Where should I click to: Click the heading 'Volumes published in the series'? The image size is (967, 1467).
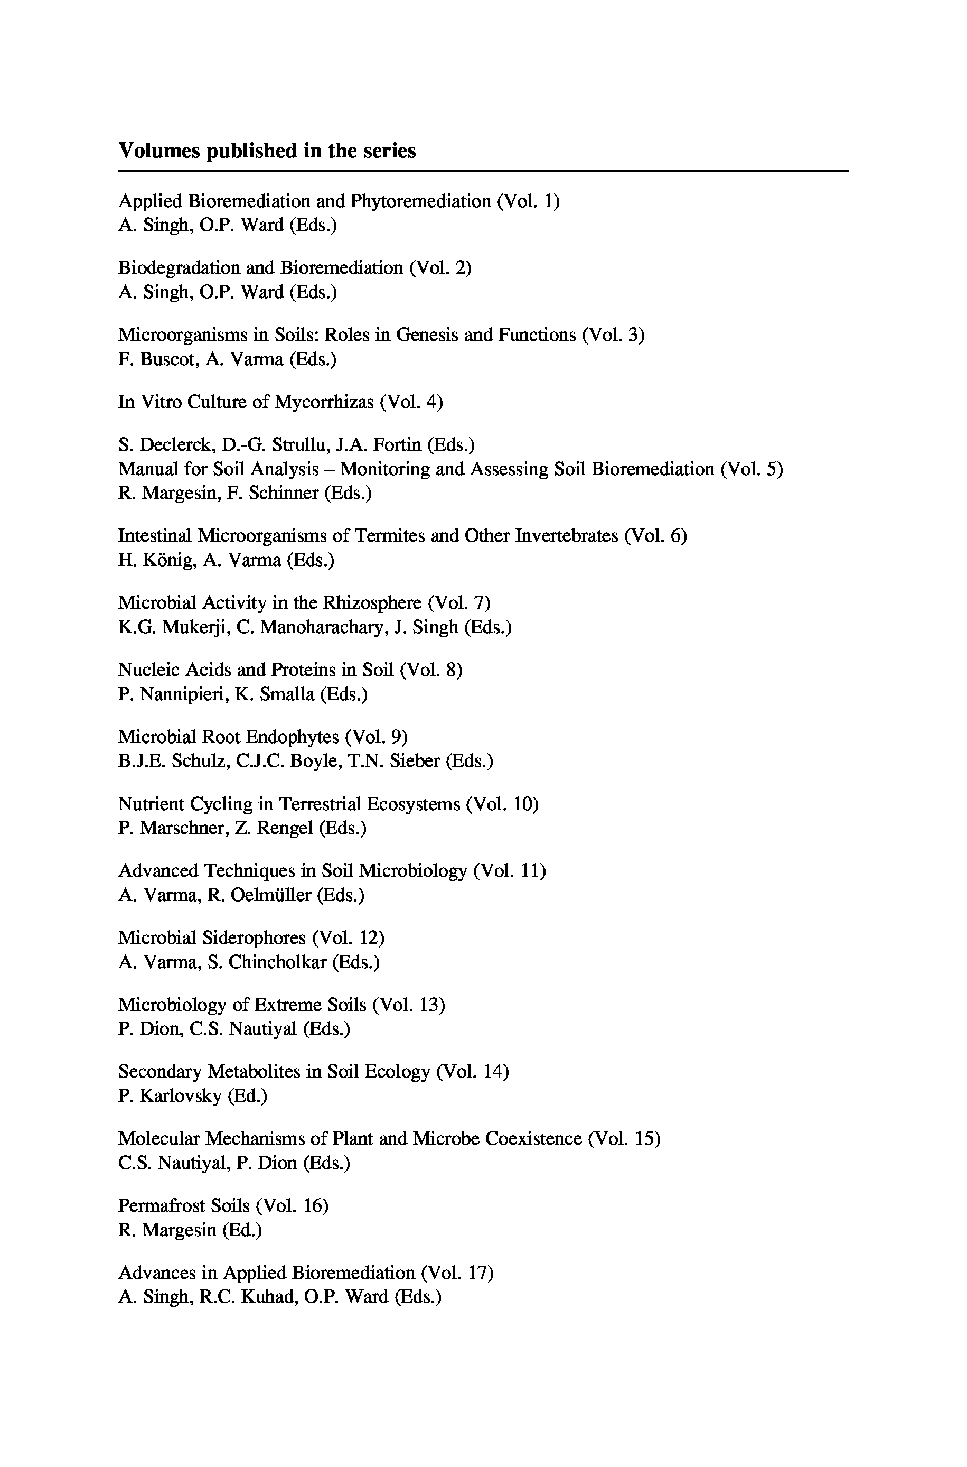[x=267, y=151]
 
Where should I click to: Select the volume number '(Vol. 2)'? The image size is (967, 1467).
[x=440, y=268]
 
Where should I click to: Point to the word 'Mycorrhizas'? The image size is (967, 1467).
[x=324, y=402]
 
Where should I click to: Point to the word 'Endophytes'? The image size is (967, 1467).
[x=293, y=737]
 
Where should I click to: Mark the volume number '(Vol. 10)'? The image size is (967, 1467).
[x=503, y=804]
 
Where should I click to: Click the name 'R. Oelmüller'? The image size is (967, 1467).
[x=259, y=895]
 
